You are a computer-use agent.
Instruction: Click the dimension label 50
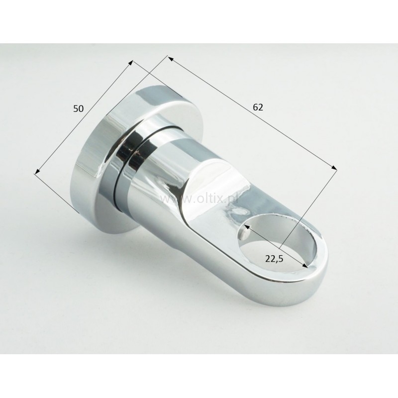[x=78, y=108]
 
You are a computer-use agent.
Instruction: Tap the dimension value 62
[x=258, y=107]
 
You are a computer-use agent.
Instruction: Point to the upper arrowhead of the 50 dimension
[x=131, y=63]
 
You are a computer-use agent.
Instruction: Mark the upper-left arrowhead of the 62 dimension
[x=171, y=59]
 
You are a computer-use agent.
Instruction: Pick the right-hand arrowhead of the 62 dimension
[x=334, y=167]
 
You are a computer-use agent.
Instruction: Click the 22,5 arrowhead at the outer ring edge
[x=305, y=266]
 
